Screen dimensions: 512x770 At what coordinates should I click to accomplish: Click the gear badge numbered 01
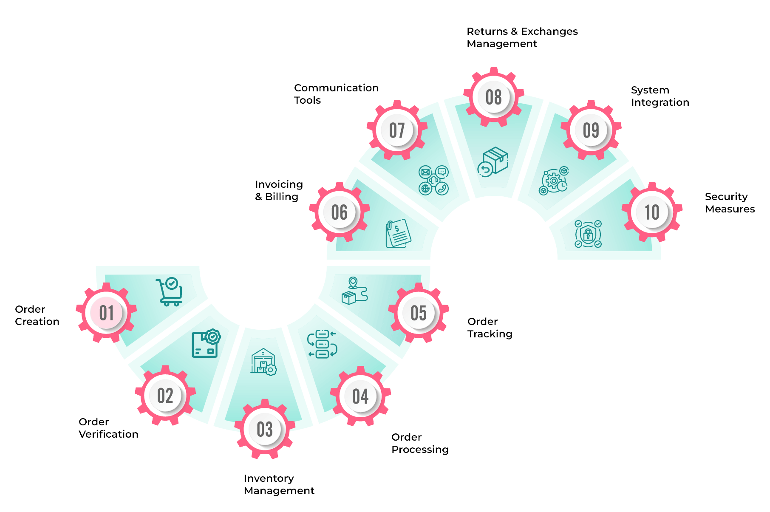click(106, 313)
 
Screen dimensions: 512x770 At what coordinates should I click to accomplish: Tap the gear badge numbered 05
click(419, 313)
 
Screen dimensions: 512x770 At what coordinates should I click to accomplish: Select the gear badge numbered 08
click(493, 97)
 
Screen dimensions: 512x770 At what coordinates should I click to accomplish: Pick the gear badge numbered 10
click(652, 212)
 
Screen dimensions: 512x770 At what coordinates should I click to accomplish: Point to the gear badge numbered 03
click(265, 429)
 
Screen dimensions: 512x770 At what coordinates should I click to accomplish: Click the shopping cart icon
click(170, 291)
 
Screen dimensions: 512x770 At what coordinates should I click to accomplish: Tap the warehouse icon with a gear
click(263, 362)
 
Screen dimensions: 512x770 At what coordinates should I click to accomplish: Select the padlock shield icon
click(588, 234)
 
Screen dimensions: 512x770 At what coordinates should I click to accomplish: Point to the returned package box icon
click(493, 162)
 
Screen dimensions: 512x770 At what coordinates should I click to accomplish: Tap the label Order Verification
click(108, 428)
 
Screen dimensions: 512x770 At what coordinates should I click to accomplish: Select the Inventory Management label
click(279, 484)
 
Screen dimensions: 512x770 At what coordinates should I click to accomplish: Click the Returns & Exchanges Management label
click(522, 37)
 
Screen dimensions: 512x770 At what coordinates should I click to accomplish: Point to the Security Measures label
click(730, 203)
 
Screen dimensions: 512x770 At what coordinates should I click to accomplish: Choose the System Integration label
click(660, 96)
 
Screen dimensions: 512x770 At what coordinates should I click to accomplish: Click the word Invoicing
click(279, 184)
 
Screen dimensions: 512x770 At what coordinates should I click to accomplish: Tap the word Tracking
click(490, 334)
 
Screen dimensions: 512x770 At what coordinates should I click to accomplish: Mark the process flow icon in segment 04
click(322, 344)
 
